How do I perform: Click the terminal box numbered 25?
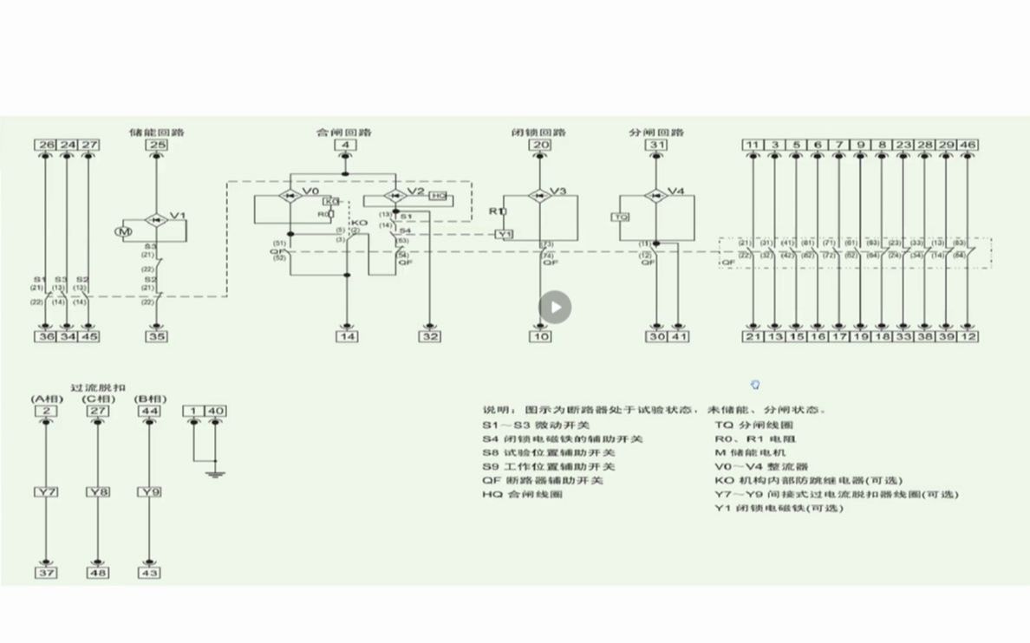156,145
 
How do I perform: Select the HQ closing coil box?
440,197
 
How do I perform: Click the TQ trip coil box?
621,217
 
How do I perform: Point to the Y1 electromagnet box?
505,234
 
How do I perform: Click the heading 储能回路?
156,132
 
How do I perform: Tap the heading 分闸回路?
656,132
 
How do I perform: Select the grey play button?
556,307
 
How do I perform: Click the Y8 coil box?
98,492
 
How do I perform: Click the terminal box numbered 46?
968,145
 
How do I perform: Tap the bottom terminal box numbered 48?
98,573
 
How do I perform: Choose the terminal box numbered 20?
541,145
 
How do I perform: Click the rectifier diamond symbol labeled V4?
656,193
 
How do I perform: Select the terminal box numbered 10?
541,336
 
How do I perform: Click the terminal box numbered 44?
150,410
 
